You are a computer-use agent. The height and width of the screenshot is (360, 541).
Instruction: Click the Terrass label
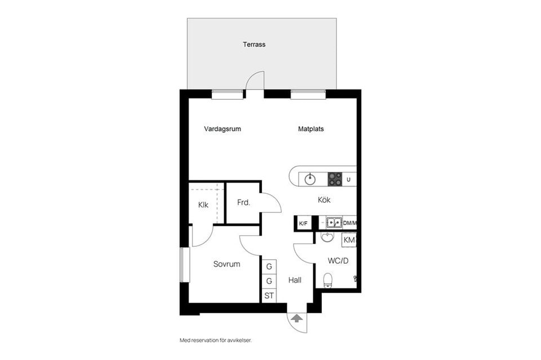[254, 45]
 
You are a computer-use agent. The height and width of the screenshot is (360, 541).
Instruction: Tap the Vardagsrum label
[223, 129]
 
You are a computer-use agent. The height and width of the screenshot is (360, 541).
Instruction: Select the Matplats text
[311, 129]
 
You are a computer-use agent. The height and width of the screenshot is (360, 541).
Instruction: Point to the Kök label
[325, 199]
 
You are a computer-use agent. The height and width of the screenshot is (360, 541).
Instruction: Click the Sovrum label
[227, 264]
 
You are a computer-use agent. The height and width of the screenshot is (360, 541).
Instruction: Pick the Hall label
[295, 280]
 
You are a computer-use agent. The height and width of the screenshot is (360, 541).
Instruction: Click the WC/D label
[338, 261]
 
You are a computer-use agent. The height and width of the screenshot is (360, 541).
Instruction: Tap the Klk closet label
[203, 205]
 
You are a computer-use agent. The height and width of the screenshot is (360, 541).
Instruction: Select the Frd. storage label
[243, 202]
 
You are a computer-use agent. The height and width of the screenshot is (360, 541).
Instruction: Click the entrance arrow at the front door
[297, 318]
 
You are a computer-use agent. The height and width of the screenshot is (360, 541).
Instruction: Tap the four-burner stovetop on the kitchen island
[335, 179]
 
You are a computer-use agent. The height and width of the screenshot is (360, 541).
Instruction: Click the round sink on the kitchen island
[310, 179]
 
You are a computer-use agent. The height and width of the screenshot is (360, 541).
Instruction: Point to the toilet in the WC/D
[328, 281]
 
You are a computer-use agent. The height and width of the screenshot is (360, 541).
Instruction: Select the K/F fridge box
[303, 224]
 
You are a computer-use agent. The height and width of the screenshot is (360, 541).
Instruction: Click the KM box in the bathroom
[349, 240]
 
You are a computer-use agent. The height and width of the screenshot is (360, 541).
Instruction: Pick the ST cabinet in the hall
[269, 296]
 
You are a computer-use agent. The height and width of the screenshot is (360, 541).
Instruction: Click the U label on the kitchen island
[348, 180]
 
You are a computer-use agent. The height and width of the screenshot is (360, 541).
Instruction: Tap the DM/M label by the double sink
[349, 223]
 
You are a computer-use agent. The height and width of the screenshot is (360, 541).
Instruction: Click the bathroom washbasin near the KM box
[327, 237]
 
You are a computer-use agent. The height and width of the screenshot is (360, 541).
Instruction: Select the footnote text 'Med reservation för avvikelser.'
[216, 340]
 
